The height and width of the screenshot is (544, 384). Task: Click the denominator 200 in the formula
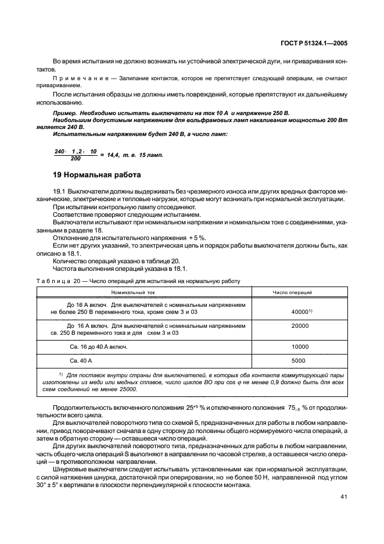pos(76,158)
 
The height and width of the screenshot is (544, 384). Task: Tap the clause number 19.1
pos(59,191)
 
